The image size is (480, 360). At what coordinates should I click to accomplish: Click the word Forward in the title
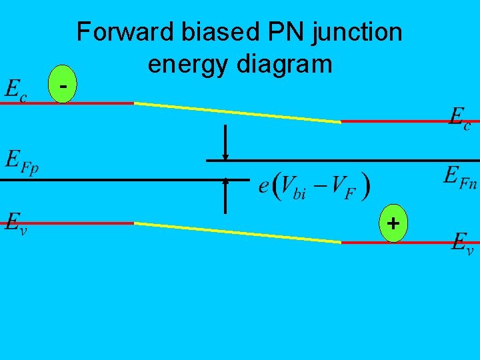117,31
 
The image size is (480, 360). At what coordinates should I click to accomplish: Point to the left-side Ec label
17,91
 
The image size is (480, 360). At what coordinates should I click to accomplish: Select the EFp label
22,161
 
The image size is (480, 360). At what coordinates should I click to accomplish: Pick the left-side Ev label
17,221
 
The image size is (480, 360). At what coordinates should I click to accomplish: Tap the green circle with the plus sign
394,224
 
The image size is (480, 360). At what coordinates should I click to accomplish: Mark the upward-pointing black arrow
225,196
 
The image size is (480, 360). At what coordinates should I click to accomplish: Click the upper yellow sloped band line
237,113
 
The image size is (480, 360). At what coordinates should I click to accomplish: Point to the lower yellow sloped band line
237,233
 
